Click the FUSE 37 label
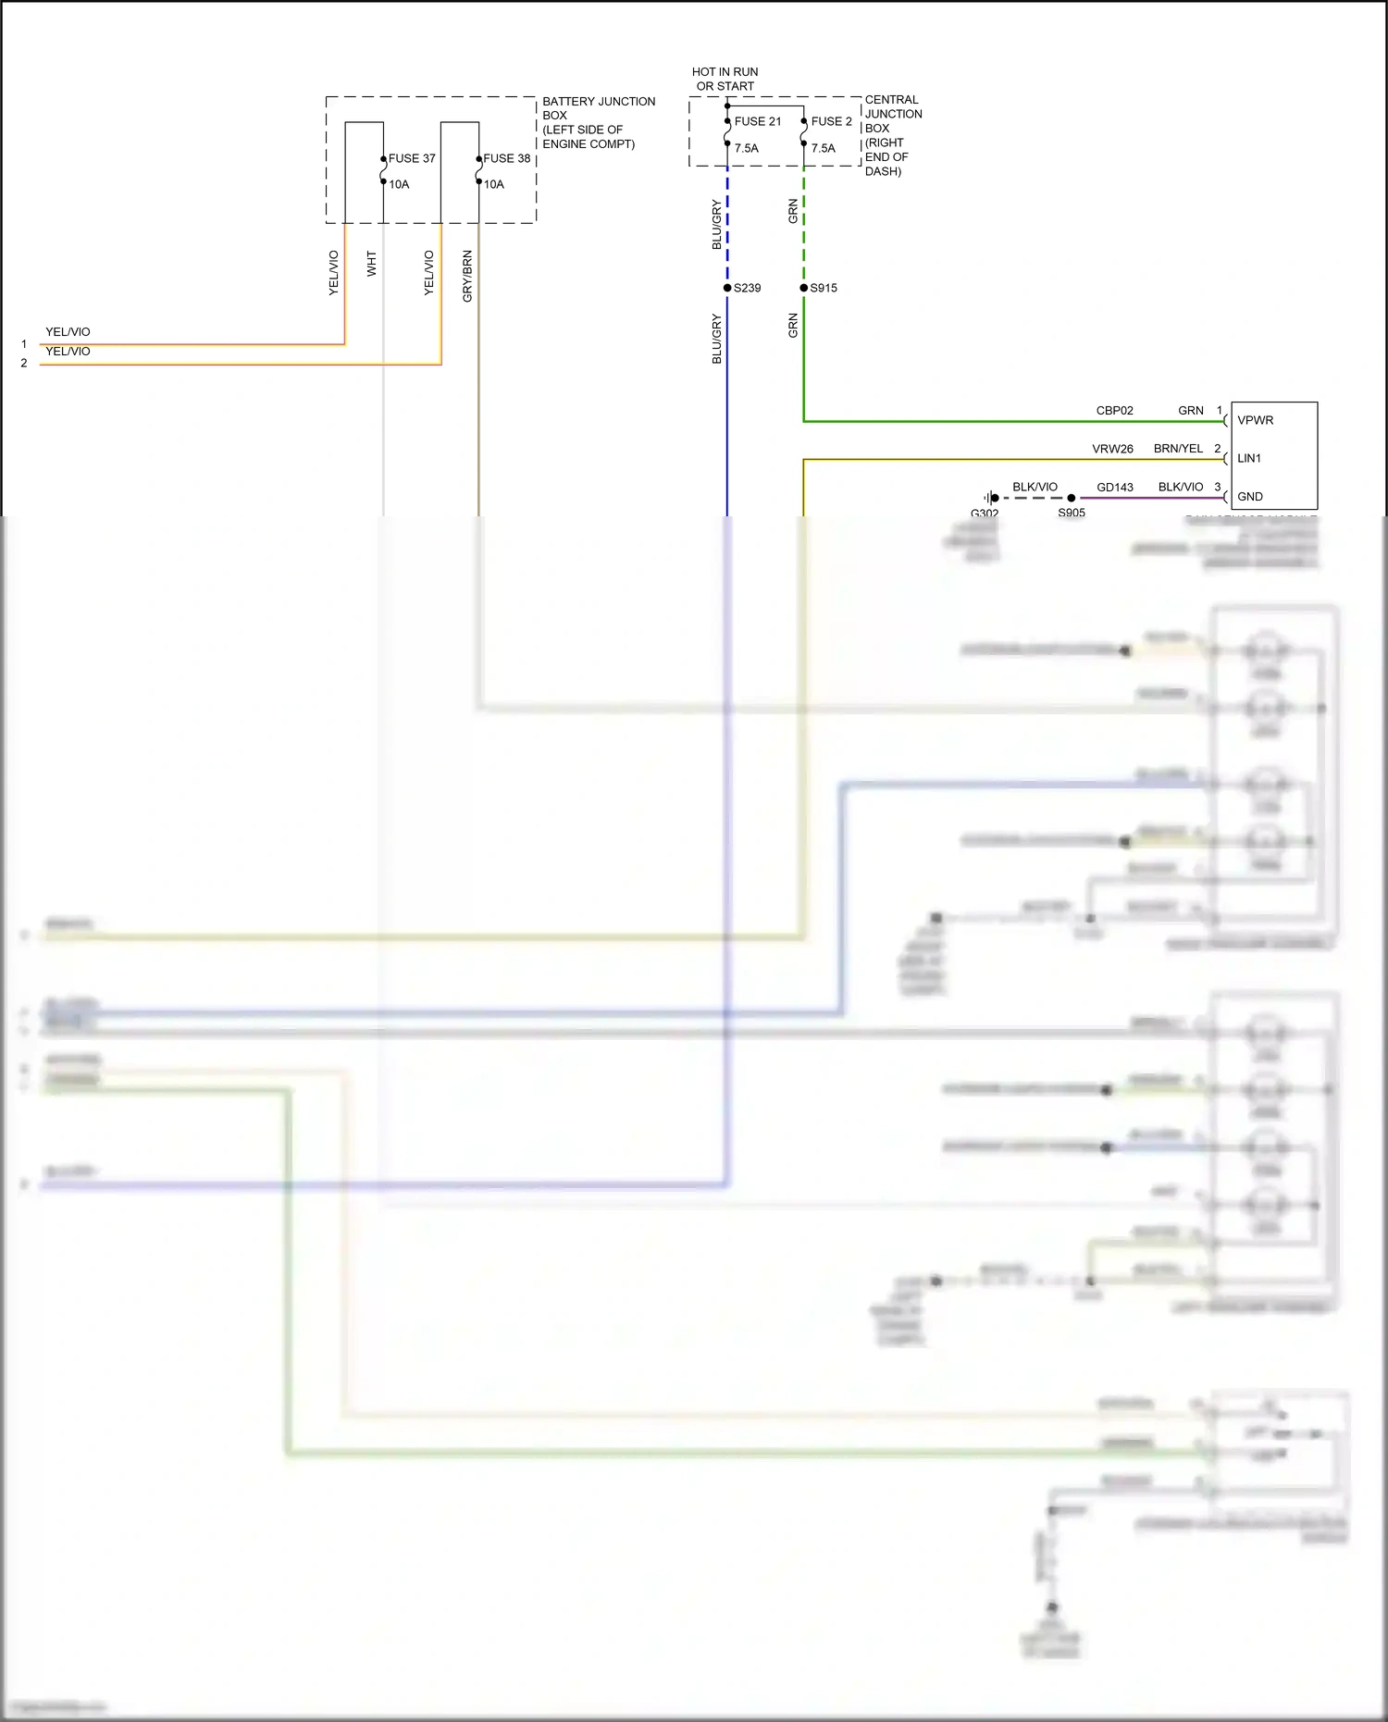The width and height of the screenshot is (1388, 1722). (412, 158)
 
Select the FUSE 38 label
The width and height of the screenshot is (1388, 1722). (507, 158)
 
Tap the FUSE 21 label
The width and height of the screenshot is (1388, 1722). (758, 121)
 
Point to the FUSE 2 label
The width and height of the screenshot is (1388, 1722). (831, 121)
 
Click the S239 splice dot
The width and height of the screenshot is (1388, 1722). (727, 288)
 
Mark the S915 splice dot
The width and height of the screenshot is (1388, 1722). (803, 288)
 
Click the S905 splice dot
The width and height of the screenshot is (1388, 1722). (1072, 498)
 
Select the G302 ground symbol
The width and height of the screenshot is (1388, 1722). (990, 498)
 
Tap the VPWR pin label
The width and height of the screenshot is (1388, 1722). (1255, 420)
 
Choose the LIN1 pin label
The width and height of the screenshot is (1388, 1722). (1249, 458)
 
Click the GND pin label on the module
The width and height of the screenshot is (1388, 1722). (1250, 497)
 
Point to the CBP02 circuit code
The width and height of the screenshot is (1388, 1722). (1114, 411)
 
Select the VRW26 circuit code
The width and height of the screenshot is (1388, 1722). (1112, 449)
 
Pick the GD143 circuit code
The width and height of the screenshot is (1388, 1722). (1115, 488)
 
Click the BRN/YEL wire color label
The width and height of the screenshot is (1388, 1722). (1178, 449)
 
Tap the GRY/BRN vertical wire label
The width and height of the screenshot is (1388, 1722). (467, 276)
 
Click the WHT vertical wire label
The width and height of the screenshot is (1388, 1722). (372, 264)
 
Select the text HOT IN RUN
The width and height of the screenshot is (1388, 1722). (725, 72)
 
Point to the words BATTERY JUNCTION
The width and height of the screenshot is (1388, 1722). (599, 102)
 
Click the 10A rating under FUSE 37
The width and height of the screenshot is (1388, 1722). (399, 184)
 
